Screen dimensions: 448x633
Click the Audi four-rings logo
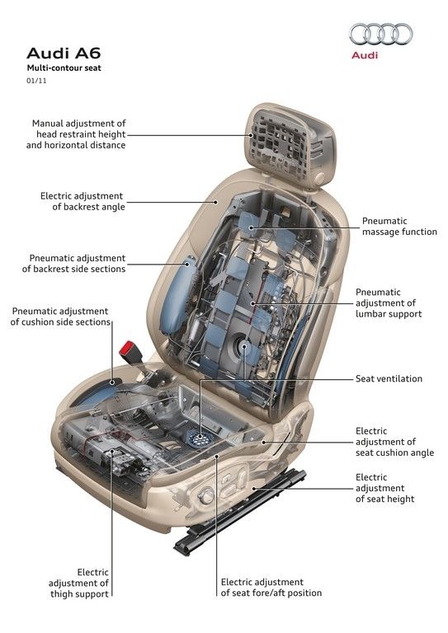click(x=381, y=34)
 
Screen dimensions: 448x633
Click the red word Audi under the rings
click(x=365, y=55)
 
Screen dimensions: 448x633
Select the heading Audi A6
click(x=64, y=54)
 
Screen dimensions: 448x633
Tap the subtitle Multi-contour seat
click(x=64, y=68)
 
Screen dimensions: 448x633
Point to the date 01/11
click(x=36, y=81)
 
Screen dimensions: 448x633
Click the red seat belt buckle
click(x=129, y=350)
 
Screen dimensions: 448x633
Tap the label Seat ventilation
click(x=389, y=378)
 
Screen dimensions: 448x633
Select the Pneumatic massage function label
click(x=399, y=227)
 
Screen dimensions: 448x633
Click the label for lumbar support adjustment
click(x=389, y=303)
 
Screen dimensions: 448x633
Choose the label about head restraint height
click(x=76, y=134)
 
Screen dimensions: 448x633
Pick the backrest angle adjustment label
click(x=83, y=201)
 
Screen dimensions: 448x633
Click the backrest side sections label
click(x=74, y=264)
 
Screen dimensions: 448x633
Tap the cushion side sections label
click(x=60, y=316)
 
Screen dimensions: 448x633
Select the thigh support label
click(x=78, y=584)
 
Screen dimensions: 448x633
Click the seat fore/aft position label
click(x=271, y=588)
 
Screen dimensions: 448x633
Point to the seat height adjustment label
click(x=385, y=488)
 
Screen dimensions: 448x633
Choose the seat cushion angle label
click(x=394, y=442)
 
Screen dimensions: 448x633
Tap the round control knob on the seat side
click(x=206, y=495)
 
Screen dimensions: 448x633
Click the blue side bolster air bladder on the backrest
click(x=177, y=295)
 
